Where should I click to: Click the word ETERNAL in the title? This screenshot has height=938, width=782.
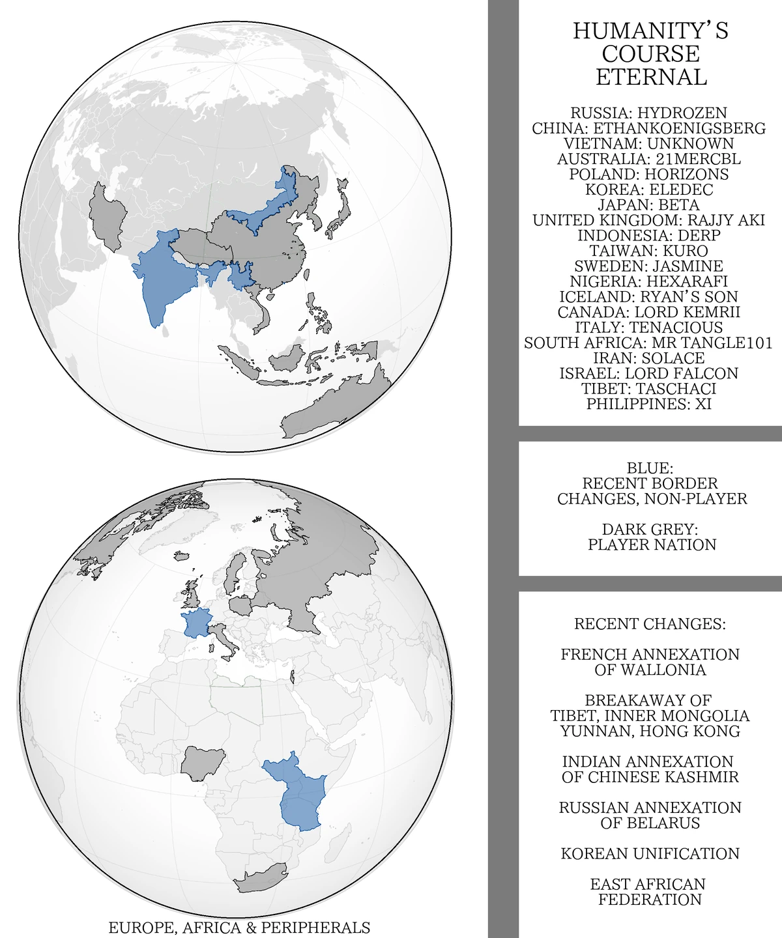coord(651,77)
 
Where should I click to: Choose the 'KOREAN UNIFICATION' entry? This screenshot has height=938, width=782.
coord(650,854)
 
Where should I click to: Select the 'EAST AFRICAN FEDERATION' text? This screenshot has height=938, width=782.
coord(650,892)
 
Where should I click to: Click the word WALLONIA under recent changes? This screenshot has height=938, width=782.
coord(650,670)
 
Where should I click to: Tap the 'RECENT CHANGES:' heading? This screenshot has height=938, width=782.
coord(650,624)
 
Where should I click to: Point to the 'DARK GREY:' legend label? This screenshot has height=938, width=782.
coord(650,530)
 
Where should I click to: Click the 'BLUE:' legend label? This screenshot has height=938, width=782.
coord(650,468)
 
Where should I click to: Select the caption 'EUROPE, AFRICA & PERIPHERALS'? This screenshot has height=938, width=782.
coord(239,928)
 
